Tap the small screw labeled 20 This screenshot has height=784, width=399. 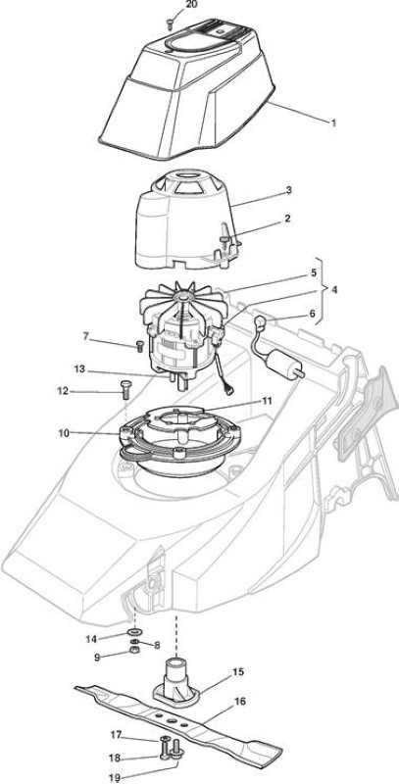click(171, 22)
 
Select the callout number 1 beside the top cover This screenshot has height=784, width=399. click(334, 122)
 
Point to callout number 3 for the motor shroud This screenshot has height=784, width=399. click(303, 190)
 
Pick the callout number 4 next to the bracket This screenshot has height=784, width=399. click(333, 289)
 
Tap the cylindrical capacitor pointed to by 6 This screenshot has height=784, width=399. click(281, 360)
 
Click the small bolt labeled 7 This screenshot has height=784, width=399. click(139, 346)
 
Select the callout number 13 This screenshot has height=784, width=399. click(80, 369)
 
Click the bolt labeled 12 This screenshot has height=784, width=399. click(125, 388)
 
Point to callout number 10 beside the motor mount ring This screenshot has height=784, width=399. click(64, 432)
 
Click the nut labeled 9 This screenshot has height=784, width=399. click(133, 650)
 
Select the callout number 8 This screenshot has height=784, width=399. click(157, 645)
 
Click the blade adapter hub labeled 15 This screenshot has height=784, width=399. click(176, 679)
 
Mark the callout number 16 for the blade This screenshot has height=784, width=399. click(240, 702)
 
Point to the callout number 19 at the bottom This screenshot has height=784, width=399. click(115, 777)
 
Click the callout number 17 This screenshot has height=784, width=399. click(116, 734)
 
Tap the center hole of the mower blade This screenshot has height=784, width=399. click(172, 720)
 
